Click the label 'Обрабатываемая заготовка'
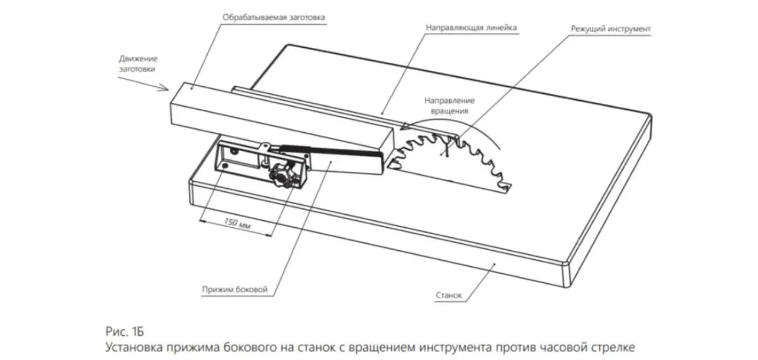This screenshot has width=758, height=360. (x=273, y=17)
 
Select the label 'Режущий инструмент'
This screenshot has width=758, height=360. (x=610, y=28)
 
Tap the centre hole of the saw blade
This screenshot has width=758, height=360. (x=447, y=152)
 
